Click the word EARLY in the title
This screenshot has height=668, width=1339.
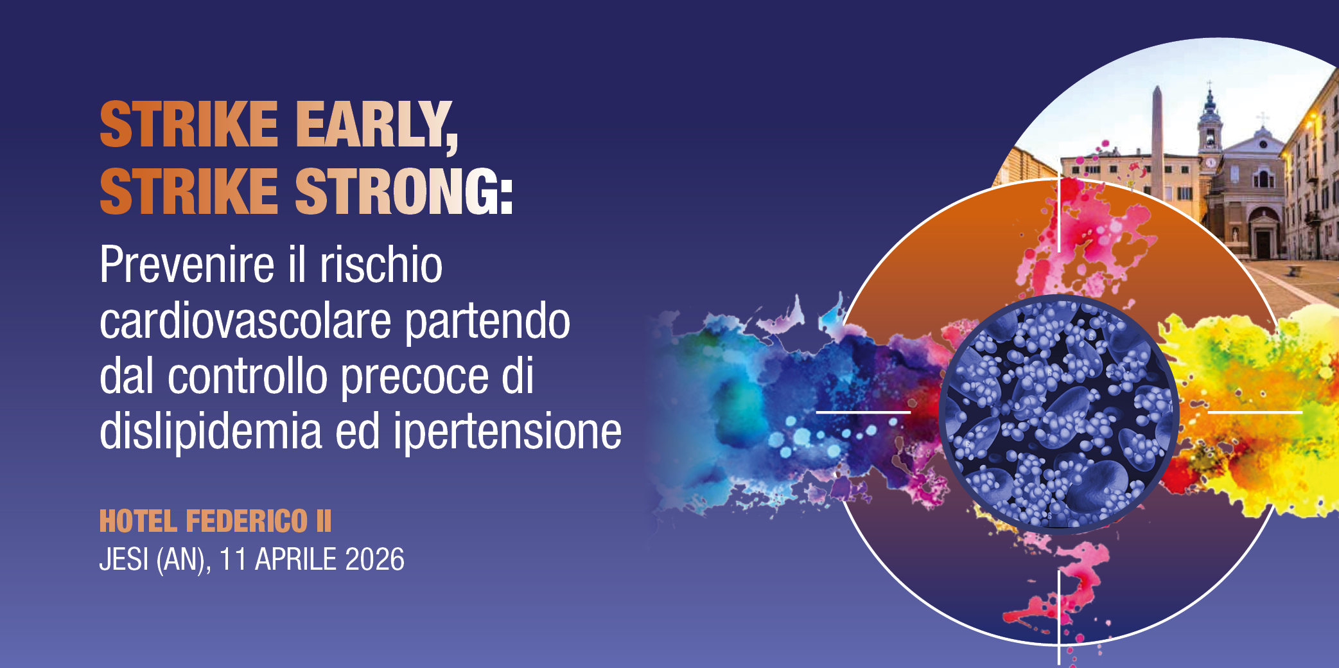tap(376, 125)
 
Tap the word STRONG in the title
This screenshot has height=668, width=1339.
tap(403, 191)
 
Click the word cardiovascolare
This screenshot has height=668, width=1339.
tap(245, 321)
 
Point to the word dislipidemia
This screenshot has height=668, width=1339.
tap(210, 432)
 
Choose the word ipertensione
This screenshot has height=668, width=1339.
tap(507, 432)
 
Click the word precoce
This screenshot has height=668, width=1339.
tap(415, 376)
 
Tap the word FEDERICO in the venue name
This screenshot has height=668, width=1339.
tap(247, 521)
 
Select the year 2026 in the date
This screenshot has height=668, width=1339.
tap(374, 559)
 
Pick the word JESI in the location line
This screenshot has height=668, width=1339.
tap(124, 559)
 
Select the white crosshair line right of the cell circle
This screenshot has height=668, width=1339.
tap(1255, 412)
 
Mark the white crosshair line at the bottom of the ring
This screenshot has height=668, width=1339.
tap(1058, 617)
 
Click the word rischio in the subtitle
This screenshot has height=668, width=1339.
tap(381, 265)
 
